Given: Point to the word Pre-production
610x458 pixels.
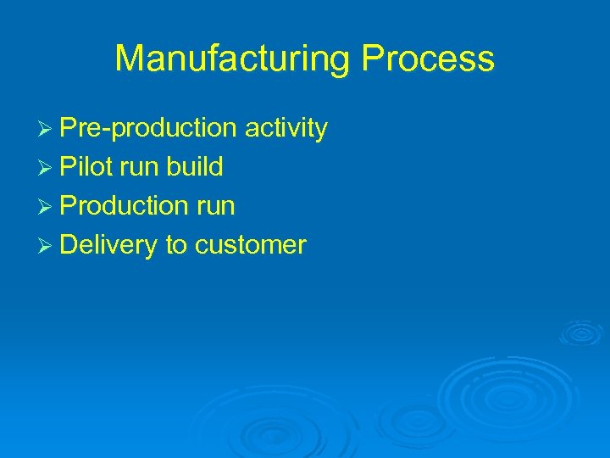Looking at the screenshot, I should pos(148,129).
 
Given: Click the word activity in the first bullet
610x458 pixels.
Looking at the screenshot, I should pos(286,129).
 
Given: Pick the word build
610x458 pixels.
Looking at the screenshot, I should pos(195,167).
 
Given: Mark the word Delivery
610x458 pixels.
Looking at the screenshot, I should pos(109,246).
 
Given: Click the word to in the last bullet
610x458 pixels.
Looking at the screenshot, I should pos(176,246).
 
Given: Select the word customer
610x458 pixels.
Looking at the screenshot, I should pos(250,246).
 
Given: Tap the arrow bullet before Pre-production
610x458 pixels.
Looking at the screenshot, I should pos(47,129).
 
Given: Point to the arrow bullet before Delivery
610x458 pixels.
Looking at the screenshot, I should pos(47,246).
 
